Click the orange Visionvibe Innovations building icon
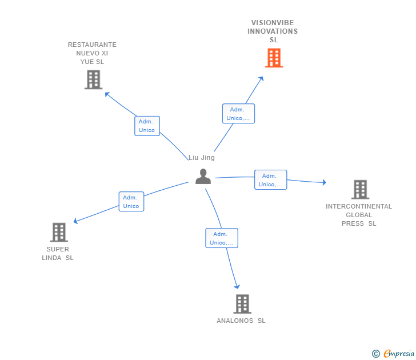pyautogui.click(x=274, y=58)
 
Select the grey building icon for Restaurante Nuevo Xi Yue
pyautogui.click(x=93, y=79)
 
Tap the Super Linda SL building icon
pyautogui.click(x=59, y=232)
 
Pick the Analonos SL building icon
pyautogui.click(x=242, y=304)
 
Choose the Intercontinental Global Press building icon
pyautogui.click(x=360, y=189)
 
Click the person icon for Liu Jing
pyautogui.click(x=203, y=177)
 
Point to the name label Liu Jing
pyautogui.click(x=202, y=158)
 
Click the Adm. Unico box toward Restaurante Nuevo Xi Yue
pyautogui.click(x=147, y=126)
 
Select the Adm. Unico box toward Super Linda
pyautogui.click(x=131, y=202)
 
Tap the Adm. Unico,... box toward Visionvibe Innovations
pyautogui.click(x=238, y=114)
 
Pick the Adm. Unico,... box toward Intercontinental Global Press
pyautogui.click(x=271, y=180)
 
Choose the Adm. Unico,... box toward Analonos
pyautogui.click(x=222, y=238)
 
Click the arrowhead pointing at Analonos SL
pyautogui.click(x=237, y=286)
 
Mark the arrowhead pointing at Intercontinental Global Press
pyautogui.click(x=324, y=182)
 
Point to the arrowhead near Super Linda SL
pyautogui.click(x=75, y=221)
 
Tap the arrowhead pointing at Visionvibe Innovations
pyautogui.click(x=261, y=78)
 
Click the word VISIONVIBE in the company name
pyautogui.click(x=273, y=23)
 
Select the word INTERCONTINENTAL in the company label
pyautogui.click(x=359, y=206)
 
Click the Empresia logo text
pyautogui.click(x=399, y=353)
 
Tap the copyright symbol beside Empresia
pyautogui.click(x=376, y=354)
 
